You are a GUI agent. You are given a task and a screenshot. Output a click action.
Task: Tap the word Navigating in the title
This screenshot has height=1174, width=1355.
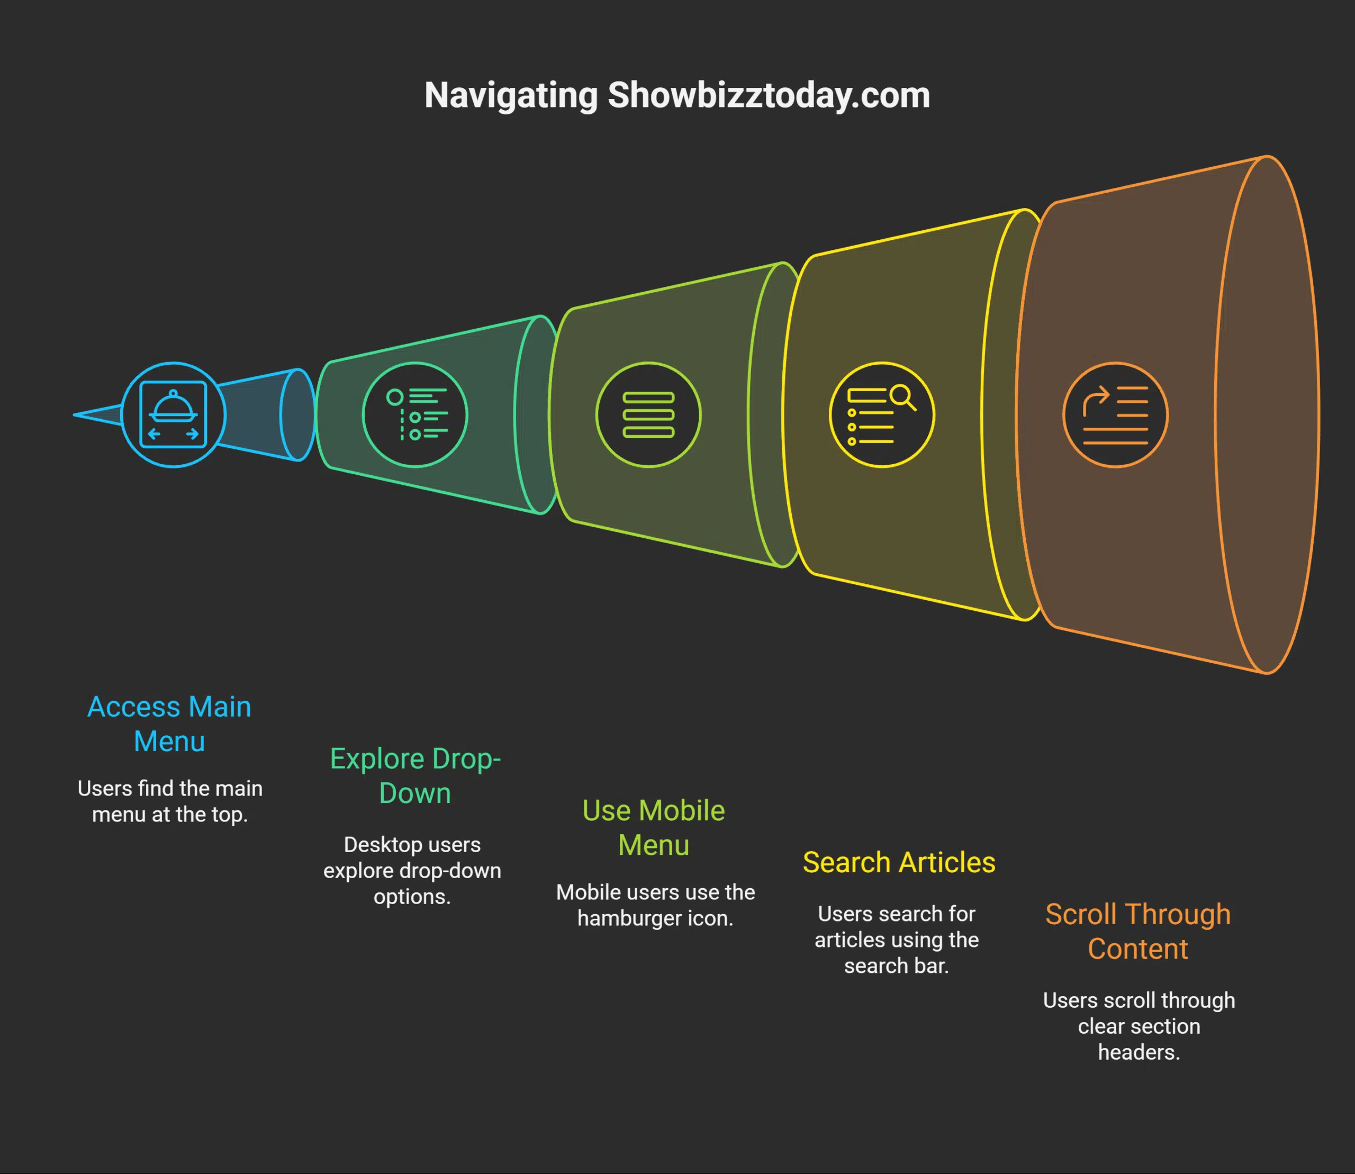tap(510, 96)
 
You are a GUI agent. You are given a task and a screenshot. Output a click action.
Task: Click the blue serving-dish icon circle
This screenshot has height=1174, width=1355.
tap(174, 414)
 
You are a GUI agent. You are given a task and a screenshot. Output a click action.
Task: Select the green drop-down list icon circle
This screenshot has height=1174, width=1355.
tap(415, 414)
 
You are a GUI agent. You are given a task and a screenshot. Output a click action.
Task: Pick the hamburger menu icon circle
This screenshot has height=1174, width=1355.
tap(648, 414)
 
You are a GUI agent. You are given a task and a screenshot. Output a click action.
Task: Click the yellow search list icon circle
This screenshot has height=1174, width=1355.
tap(881, 414)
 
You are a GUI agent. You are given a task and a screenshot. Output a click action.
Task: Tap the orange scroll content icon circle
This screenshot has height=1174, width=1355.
tap(1115, 414)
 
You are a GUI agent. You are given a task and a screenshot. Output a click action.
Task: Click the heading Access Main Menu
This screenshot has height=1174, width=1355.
tap(169, 724)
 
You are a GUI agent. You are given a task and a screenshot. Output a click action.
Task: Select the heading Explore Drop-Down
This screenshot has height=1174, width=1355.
tap(415, 775)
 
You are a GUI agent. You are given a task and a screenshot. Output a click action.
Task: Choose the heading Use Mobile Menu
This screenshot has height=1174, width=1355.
tap(653, 827)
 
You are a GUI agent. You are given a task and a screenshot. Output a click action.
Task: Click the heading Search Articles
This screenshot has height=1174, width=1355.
tap(898, 862)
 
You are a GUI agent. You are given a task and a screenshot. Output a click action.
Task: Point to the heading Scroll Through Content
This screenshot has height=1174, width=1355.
tap(1137, 931)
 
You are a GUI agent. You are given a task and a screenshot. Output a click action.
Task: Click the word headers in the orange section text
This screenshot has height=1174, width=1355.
tap(1138, 1052)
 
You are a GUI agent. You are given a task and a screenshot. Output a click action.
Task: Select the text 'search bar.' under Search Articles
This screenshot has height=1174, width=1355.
tap(896, 965)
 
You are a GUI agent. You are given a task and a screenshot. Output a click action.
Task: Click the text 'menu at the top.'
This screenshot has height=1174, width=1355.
tap(170, 814)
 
